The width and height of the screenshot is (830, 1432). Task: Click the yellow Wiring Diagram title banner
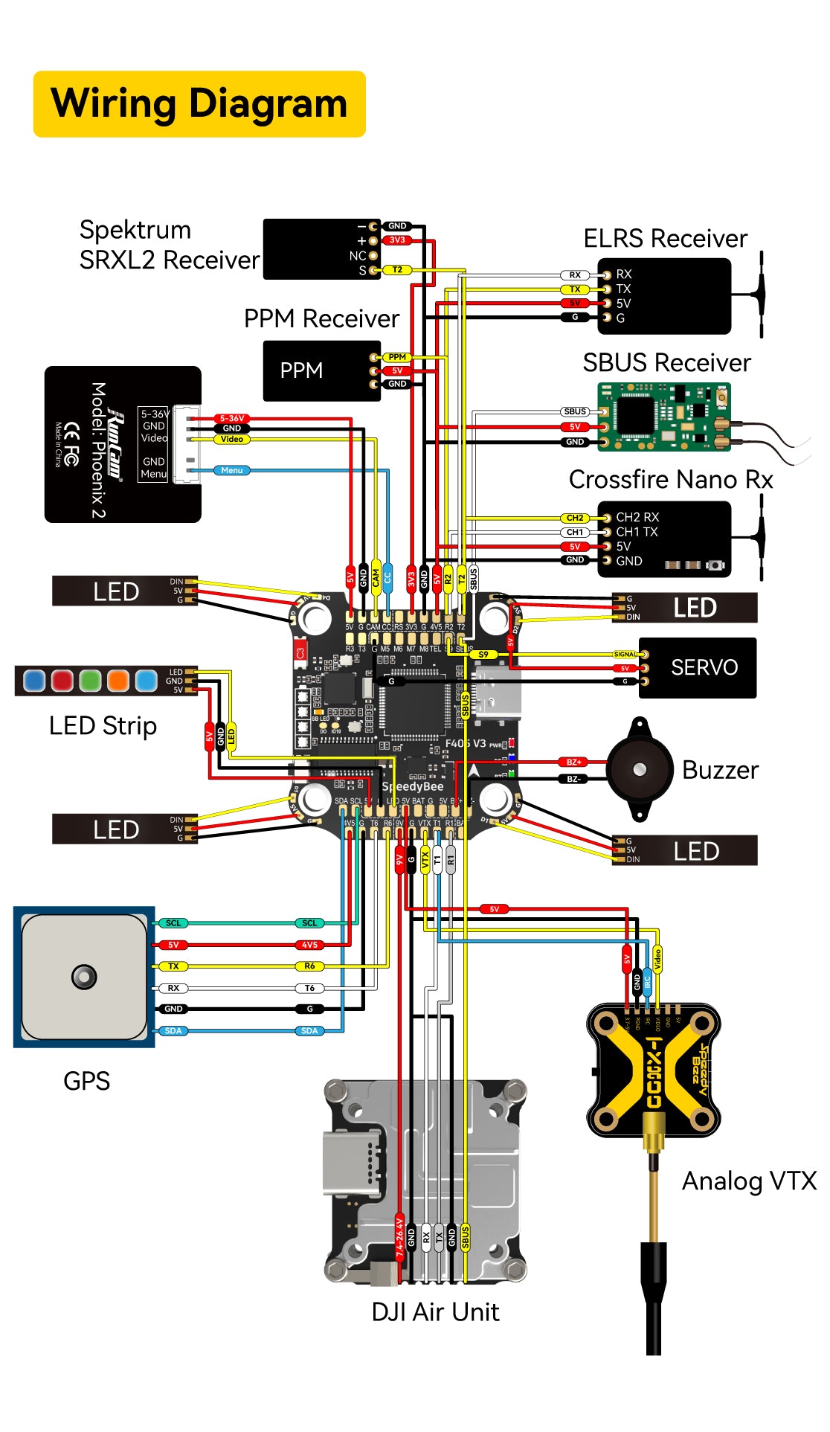coord(199,104)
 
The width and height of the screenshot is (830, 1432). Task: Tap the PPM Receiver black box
coord(321,370)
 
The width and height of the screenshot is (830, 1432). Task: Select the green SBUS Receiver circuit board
coord(663,417)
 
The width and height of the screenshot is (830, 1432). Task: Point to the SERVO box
coord(698,667)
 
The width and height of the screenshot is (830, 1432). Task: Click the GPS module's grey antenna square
coord(84,976)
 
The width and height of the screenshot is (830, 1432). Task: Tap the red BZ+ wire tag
coord(574,762)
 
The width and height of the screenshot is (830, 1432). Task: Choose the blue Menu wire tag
coord(231,470)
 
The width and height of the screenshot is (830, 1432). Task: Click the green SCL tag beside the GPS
coord(173,923)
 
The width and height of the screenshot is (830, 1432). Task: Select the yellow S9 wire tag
coord(483,655)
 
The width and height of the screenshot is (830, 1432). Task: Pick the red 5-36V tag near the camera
coord(231,419)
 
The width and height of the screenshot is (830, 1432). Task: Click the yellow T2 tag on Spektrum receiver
coord(397,269)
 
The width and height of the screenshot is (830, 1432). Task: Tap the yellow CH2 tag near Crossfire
coord(574,518)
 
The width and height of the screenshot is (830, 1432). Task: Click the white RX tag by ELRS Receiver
coord(574,275)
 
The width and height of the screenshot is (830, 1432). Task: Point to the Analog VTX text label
coord(749,1181)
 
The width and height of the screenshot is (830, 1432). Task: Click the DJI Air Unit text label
coord(435,1311)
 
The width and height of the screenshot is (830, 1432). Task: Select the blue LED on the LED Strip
coord(33,681)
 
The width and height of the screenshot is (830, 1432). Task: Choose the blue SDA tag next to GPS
coord(173,1030)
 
